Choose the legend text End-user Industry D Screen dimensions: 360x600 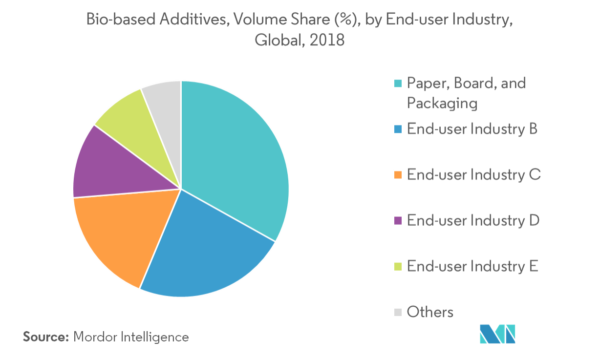coord(473,221)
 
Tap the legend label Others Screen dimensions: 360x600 coord(430,312)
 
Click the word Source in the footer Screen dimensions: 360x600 coord(45,337)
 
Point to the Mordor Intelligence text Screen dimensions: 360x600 coord(131,337)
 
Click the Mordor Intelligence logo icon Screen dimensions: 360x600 coord(497,333)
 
